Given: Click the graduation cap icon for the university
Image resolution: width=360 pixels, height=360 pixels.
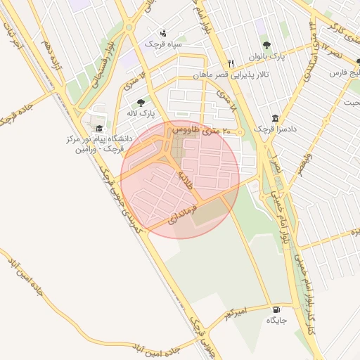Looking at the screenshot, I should click(100, 129).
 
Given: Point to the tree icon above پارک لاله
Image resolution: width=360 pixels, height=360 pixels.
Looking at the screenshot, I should click(141, 103).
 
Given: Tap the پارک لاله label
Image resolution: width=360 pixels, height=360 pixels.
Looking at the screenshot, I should click(141, 112).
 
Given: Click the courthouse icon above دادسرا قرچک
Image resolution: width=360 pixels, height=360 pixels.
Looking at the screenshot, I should click(275, 118).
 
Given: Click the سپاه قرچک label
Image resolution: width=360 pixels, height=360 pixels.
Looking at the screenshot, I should click(163, 44).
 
